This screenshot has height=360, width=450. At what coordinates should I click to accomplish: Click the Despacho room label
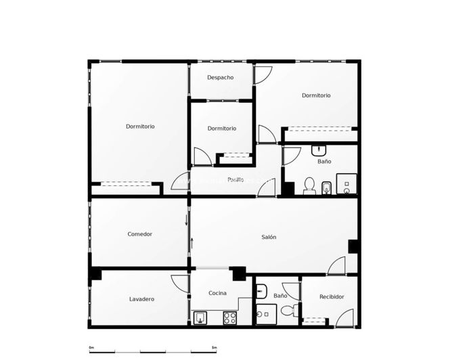click(x=221, y=78)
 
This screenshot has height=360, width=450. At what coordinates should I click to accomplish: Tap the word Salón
click(x=269, y=238)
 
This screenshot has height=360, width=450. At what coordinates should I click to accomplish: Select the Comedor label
click(x=140, y=234)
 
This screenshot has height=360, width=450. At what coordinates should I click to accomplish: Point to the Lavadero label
click(x=142, y=299)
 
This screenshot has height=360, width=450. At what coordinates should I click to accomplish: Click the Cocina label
click(x=218, y=293)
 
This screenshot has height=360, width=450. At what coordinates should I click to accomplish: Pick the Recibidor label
click(x=332, y=297)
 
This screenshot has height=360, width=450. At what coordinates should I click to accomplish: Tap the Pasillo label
click(x=236, y=179)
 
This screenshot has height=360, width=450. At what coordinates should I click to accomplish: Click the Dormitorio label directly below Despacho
click(x=222, y=129)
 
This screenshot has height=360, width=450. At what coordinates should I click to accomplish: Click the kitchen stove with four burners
click(x=229, y=317)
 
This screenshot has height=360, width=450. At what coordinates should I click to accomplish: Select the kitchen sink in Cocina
click(x=201, y=317)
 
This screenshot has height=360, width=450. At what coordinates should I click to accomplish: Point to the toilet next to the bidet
click(x=310, y=185)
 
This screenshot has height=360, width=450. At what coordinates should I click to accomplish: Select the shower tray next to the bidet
click(x=346, y=184)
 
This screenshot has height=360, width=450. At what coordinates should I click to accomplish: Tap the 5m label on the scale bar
click(x=214, y=348)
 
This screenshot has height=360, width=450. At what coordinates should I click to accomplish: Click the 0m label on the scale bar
click(x=92, y=348)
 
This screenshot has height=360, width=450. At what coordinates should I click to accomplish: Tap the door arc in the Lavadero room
click(x=180, y=284)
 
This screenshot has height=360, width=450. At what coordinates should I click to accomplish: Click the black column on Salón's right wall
click(x=353, y=246)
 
